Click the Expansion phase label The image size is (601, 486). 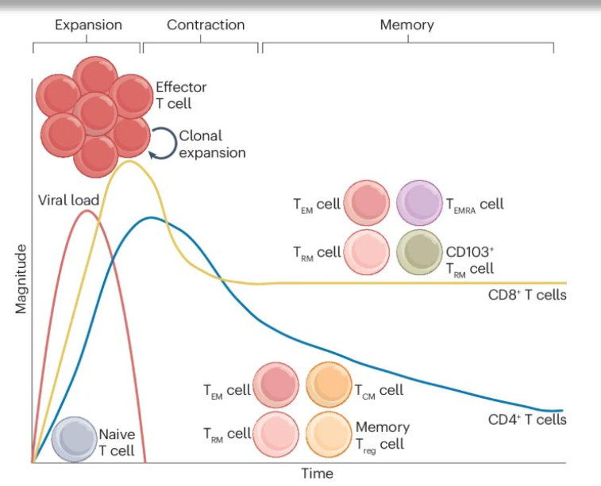click(x=88, y=25)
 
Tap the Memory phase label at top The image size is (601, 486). click(x=406, y=25)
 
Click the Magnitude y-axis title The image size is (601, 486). click(x=21, y=279)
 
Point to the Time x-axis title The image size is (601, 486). click(x=317, y=474)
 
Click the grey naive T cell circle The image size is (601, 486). click(x=74, y=438)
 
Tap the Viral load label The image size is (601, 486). click(x=68, y=200)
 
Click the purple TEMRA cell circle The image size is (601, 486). click(x=419, y=204)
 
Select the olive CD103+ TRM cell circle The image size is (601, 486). click(x=419, y=254)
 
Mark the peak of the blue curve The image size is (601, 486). click(x=148, y=217)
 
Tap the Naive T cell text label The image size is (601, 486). click(x=117, y=442)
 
